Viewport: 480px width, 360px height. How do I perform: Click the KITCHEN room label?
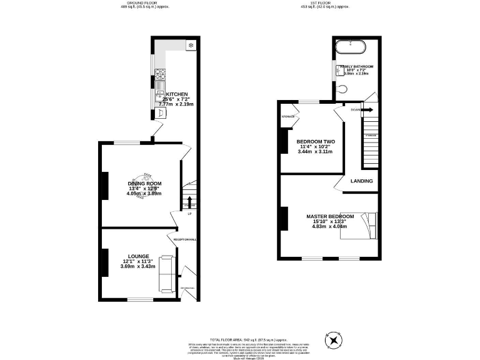[176, 94]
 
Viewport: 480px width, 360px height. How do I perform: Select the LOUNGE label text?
[138, 256]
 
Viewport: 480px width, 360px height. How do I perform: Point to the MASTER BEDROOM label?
[329, 216]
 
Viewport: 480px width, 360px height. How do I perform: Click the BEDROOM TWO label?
[315, 141]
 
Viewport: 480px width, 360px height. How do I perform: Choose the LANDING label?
[361, 181]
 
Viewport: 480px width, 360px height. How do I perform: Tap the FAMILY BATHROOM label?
[357, 66]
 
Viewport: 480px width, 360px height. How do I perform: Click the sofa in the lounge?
[166, 273]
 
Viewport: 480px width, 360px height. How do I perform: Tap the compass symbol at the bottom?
[336, 341]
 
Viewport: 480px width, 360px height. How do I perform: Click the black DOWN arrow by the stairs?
[367, 110]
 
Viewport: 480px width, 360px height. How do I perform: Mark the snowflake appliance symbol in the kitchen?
[191, 46]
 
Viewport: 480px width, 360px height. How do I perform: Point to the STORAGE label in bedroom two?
[288, 117]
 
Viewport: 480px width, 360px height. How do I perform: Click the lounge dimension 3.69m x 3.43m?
[137, 267]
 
